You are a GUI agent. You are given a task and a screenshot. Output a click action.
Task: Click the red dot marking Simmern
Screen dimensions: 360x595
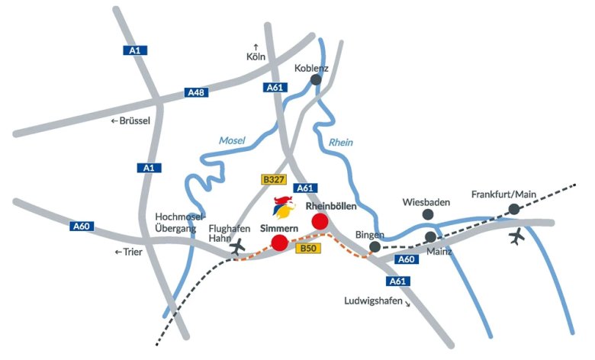(280, 243)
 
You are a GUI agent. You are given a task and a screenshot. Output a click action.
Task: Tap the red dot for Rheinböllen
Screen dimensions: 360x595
(320, 221)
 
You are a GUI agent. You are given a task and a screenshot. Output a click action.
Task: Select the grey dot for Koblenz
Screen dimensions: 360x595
(316, 79)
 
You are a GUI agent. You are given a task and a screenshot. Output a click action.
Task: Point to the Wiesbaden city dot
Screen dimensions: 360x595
(427, 215)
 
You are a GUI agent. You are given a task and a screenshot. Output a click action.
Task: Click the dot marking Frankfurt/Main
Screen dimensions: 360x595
(514, 208)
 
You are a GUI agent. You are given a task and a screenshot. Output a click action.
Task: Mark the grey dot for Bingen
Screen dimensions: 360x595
(375, 246)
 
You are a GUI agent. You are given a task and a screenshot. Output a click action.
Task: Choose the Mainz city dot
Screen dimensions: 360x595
(431, 237)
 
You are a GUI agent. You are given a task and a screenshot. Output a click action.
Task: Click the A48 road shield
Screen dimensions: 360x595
(196, 93)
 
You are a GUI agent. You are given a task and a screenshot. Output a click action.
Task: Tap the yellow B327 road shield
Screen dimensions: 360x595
(273, 179)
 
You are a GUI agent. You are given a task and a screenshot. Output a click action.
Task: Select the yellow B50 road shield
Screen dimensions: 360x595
(307, 249)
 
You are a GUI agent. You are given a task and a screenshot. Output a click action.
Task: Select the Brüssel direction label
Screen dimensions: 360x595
(131, 121)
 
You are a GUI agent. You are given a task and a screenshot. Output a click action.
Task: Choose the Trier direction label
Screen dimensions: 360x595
(129, 252)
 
